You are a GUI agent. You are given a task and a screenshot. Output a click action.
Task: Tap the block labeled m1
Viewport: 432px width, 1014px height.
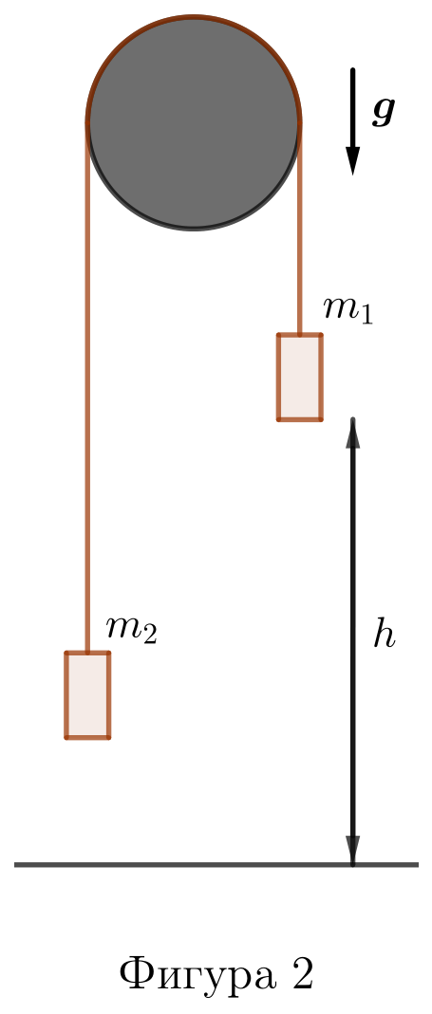point(300,378)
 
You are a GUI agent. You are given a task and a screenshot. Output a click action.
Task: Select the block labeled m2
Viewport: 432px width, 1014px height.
point(87,695)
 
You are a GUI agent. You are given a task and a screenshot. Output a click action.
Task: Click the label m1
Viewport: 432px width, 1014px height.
point(348,310)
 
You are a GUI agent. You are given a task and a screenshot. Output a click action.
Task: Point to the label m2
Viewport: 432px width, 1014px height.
point(131,629)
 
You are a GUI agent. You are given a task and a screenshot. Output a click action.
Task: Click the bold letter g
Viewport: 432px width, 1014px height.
point(384,111)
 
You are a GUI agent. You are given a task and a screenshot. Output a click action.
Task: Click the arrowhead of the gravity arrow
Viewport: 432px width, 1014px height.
point(352,160)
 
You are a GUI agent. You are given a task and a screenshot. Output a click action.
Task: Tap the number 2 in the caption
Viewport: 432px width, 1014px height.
point(303,974)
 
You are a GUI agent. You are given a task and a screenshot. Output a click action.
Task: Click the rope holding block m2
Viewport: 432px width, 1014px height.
point(87,387)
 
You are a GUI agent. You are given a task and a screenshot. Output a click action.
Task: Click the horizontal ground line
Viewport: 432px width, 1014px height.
point(216,865)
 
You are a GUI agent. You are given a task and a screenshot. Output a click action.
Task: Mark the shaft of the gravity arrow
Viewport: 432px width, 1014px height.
point(352,107)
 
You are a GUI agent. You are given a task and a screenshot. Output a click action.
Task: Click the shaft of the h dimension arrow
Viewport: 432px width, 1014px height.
point(353,641)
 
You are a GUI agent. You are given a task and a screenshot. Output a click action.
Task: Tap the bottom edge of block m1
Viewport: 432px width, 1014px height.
point(300,419)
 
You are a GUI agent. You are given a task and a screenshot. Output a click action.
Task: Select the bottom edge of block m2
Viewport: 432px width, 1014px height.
point(87,737)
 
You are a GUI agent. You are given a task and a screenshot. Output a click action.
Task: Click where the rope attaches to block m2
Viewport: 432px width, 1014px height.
point(87,653)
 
